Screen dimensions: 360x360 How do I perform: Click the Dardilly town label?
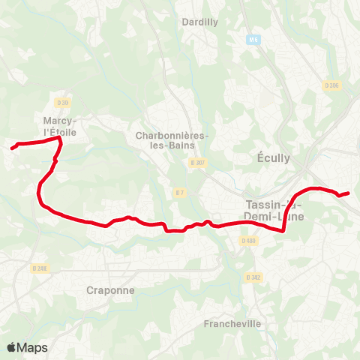coord(200,22)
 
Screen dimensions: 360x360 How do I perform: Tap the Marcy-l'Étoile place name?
coord(61,125)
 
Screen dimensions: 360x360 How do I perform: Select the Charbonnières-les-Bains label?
coord(172,140)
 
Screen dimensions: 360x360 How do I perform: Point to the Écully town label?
coord(273,157)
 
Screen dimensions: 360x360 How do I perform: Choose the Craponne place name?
coord(109,290)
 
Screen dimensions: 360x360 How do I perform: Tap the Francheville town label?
coord(232,324)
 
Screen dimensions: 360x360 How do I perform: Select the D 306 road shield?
coord(332,85)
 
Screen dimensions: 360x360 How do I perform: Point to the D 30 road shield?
coord(62,103)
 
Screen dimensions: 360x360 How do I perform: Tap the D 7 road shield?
coord(179,193)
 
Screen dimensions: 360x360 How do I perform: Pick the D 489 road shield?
coord(249,241)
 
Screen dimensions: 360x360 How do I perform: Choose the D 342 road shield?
coord(255,277)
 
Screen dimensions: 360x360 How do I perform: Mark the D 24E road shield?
coord(40,268)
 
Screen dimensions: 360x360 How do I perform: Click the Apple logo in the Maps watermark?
coord(11,347)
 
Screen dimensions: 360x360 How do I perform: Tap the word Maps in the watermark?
coord(32,347)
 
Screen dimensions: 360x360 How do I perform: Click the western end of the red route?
coord(12,148)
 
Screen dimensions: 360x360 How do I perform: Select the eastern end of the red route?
coord(349,193)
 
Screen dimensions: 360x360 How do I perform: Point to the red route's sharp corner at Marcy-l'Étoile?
coord(59,138)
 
